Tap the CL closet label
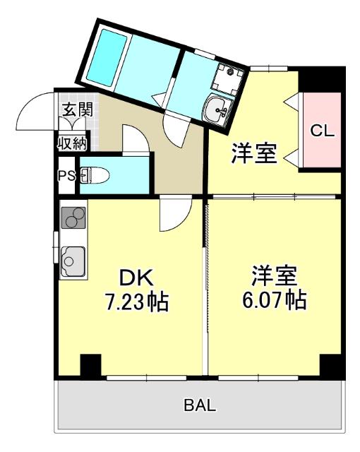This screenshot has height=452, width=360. (x=323, y=131)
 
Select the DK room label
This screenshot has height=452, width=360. (x=136, y=278)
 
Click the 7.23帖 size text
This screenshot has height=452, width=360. (x=137, y=302)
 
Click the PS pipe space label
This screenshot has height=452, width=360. (x=66, y=175)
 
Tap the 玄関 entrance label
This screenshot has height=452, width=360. (x=78, y=109)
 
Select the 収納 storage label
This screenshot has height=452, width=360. (x=72, y=143)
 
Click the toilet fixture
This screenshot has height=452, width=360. (x=95, y=175)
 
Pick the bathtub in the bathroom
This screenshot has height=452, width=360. (x=107, y=58)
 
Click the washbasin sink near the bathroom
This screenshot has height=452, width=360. (x=217, y=110)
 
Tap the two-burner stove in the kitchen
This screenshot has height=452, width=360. (x=73, y=218)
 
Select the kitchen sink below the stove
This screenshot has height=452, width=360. (x=73, y=262)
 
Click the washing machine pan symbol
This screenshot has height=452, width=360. (x=227, y=78)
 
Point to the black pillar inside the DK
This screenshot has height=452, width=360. (x=90, y=365)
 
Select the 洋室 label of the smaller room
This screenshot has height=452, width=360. (x=254, y=153)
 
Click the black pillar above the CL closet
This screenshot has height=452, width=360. (x=322, y=79)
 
